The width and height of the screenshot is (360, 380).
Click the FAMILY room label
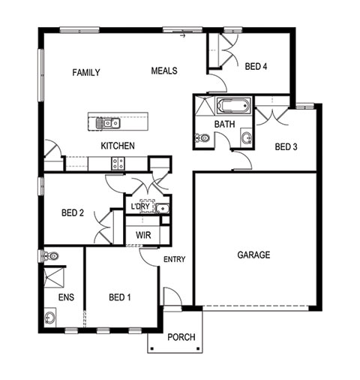(86, 73)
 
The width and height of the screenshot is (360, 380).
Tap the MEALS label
(164, 71)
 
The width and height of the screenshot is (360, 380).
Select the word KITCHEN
(118, 146)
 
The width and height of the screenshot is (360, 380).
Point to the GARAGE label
(253, 255)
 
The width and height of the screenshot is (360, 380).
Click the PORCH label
(181, 337)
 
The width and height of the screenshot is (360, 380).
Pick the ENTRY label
(175, 259)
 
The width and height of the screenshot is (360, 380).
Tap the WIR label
(143, 235)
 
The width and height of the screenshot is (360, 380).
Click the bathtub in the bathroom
(233, 106)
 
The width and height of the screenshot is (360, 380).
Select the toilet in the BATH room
(202, 137)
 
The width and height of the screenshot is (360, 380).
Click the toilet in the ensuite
(51, 256)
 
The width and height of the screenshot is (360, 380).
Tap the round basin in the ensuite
(50, 318)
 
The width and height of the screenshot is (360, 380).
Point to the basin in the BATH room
(247, 137)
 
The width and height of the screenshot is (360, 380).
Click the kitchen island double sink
(108, 123)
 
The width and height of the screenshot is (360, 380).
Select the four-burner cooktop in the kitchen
(118, 163)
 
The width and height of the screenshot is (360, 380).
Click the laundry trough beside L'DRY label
(163, 208)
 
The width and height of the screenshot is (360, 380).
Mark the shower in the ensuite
(54, 278)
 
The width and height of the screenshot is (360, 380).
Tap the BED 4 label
(256, 67)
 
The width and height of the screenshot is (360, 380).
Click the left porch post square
(152, 348)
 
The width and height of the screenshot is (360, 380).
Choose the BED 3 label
(286, 146)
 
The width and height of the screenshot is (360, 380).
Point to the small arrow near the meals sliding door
(183, 36)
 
